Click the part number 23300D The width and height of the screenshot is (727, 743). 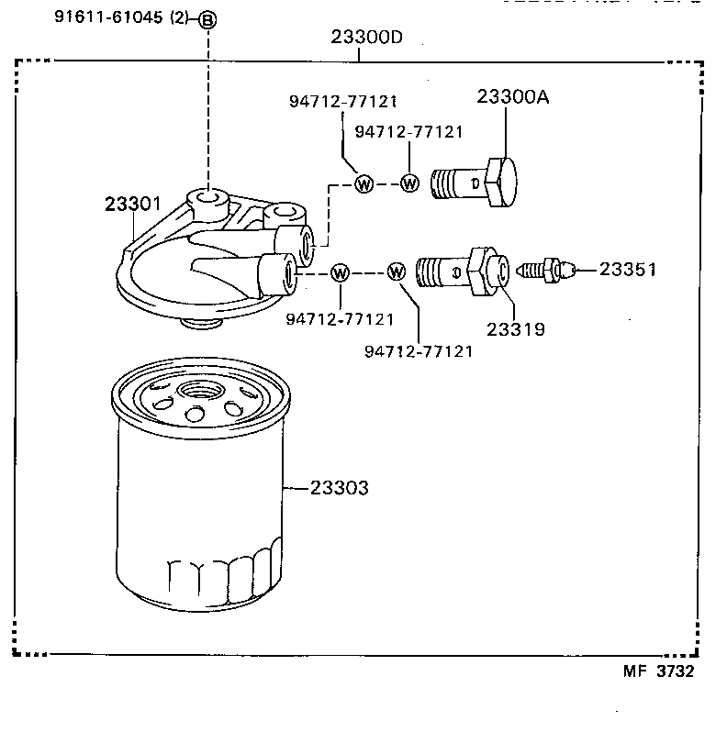(367, 38)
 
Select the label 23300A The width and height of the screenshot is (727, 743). (512, 97)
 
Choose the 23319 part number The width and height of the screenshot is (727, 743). (515, 327)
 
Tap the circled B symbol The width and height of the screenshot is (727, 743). (208, 20)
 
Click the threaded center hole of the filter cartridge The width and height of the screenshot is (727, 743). (198, 392)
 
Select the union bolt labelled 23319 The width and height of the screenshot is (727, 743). (459, 272)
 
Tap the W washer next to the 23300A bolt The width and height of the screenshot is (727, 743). (409, 183)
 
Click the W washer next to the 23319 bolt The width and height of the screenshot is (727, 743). (397, 272)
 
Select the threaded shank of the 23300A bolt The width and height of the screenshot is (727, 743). (455, 183)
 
